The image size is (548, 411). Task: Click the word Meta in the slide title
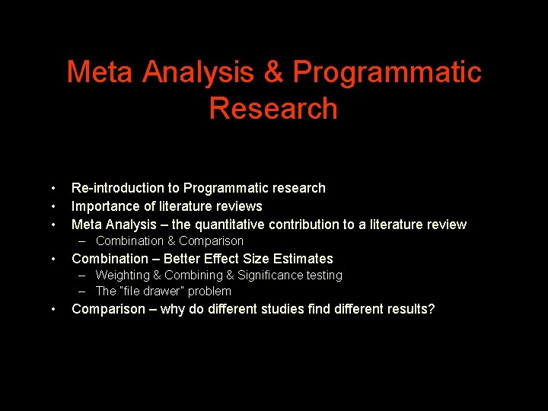(100, 72)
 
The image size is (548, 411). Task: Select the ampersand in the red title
(272, 72)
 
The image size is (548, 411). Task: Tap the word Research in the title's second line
(273, 108)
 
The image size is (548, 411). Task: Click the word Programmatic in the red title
(387, 72)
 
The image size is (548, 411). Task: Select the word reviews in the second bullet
(239, 206)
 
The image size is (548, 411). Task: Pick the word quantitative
(234, 225)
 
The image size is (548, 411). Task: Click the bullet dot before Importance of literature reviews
(53, 206)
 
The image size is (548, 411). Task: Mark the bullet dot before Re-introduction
(53, 188)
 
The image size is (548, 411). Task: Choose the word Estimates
(303, 259)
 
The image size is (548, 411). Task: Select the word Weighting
(123, 276)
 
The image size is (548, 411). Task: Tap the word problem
(209, 292)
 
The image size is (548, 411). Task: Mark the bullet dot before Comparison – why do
(53, 309)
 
